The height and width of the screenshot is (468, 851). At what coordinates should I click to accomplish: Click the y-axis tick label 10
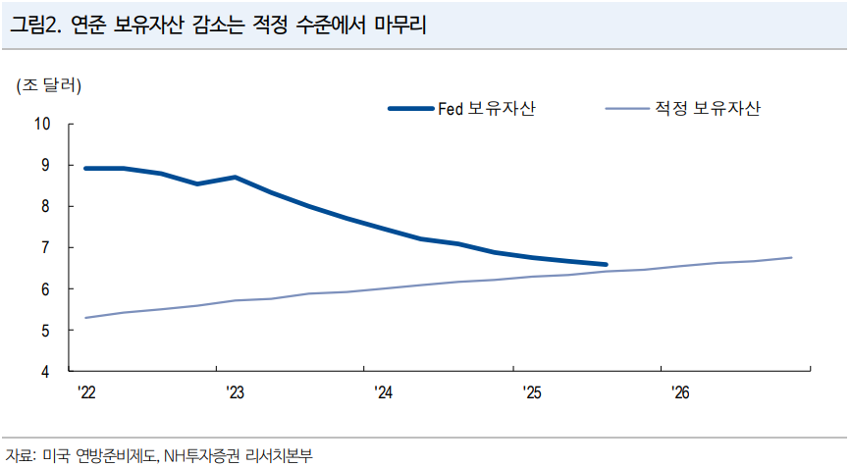pos(42,124)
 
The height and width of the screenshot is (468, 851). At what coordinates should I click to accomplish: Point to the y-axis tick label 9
pos(45,165)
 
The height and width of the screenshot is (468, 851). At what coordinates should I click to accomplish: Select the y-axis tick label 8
pos(45,206)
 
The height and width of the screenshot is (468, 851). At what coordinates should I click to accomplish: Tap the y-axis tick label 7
pos(45,247)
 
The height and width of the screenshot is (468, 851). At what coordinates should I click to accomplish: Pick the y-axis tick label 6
pos(45,289)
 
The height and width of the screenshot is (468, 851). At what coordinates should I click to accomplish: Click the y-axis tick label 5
pos(45,331)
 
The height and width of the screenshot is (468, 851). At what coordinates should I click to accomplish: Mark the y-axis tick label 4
pos(45,372)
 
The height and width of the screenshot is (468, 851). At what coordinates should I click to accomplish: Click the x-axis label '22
pos(86,392)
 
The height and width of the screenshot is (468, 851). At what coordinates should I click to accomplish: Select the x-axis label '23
pos(235,392)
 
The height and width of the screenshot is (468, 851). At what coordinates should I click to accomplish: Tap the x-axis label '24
pos(383,392)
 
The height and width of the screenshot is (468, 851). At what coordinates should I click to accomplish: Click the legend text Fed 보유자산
pos(486,108)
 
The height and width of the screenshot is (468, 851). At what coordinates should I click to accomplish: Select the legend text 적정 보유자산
pos(706,108)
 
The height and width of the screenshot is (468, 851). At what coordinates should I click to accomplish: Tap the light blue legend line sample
pos(624,108)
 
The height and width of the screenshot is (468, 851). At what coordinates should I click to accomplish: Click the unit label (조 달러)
pos(48,85)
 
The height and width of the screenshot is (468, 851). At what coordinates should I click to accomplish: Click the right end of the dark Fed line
pos(606,264)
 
